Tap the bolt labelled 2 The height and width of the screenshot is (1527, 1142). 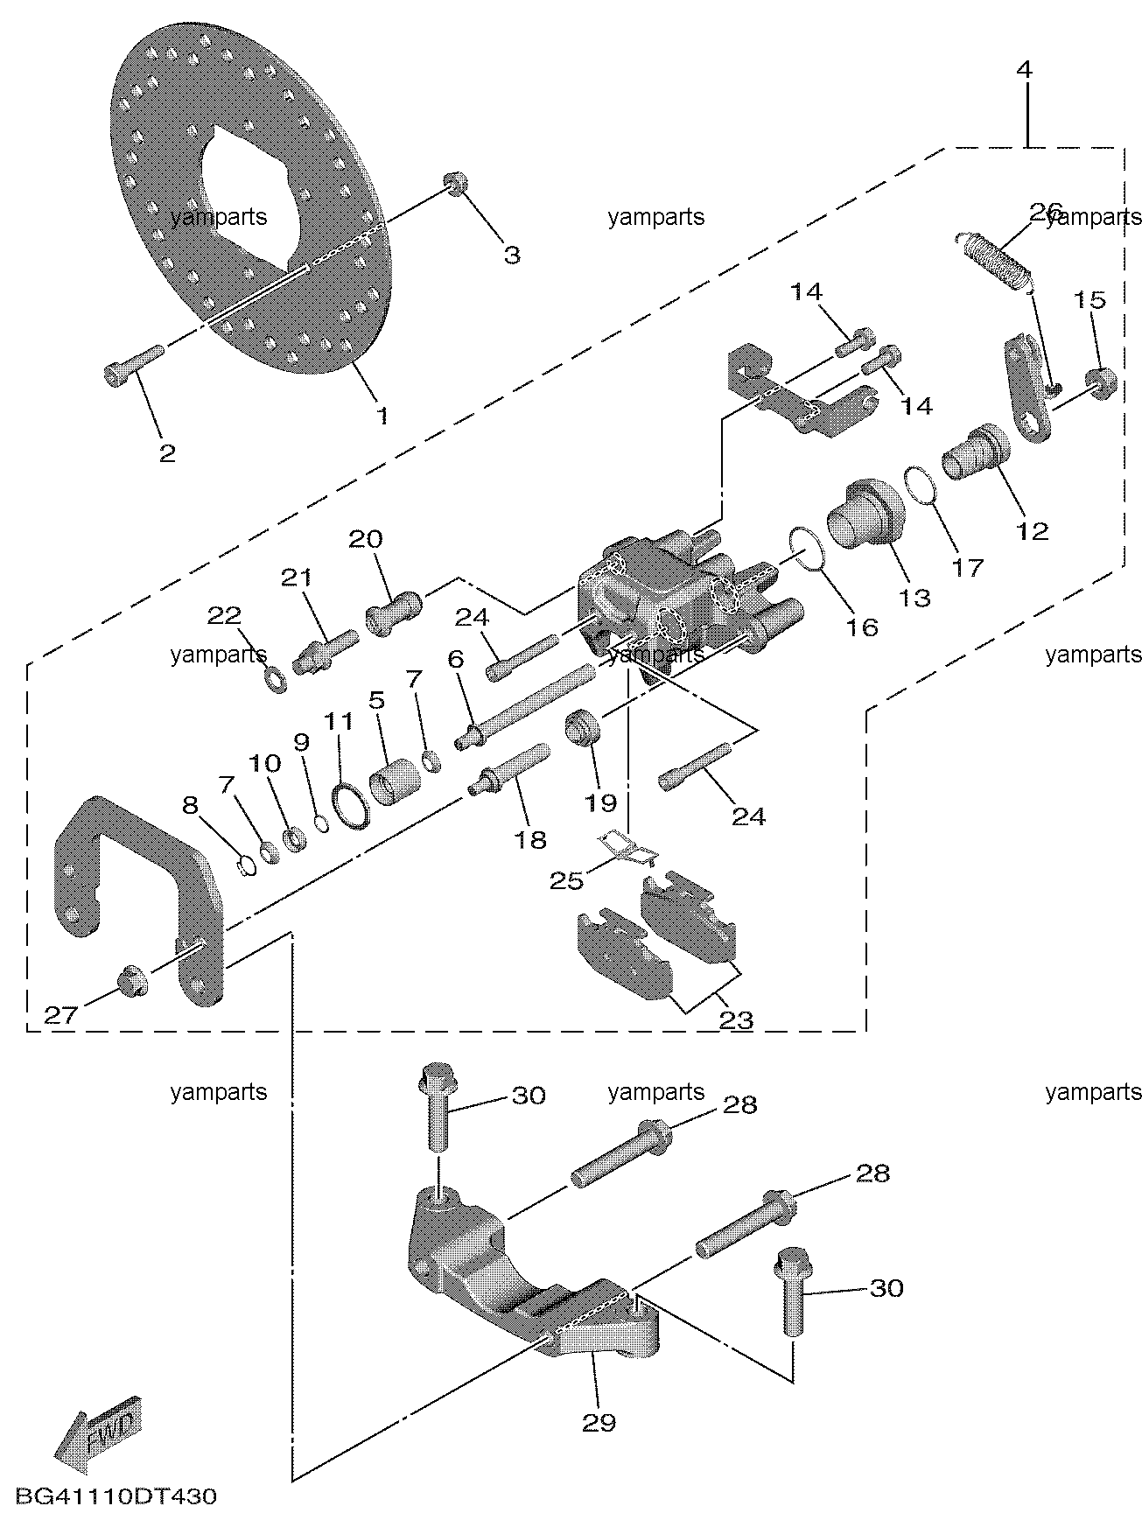[133, 365]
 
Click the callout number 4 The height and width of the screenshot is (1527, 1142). [1024, 69]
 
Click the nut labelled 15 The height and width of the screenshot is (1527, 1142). [1099, 382]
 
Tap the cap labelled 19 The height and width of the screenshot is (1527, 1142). [583, 728]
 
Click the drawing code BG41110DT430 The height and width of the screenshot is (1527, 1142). [114, 1497]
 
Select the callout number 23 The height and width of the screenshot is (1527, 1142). [736, 1020]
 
